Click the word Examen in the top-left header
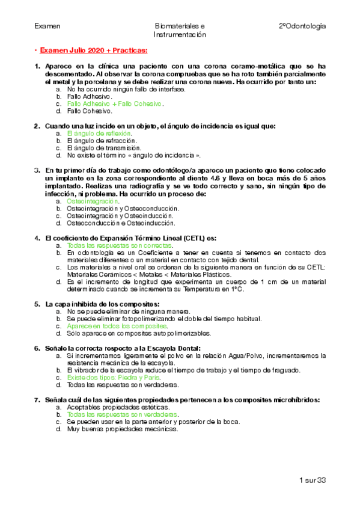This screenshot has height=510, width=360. [47, 26]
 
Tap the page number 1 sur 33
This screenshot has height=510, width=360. [312, 480]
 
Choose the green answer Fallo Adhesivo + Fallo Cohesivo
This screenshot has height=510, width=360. [115, 103]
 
